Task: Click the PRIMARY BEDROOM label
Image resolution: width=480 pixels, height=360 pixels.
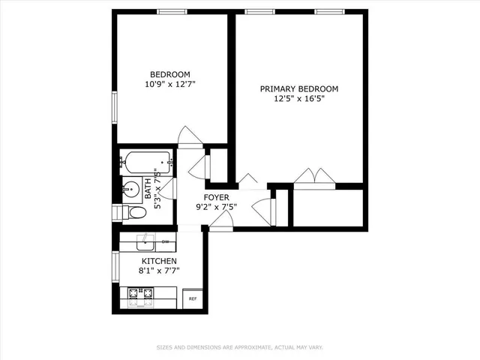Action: (298, 88)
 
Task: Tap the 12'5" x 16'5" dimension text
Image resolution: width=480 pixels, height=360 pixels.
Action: (298, 100)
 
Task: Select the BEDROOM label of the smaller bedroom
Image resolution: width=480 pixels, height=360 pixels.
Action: (169, 74)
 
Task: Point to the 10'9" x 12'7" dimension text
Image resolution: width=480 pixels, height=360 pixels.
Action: (169, 85)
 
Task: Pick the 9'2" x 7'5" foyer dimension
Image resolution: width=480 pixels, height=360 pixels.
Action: (215, 207)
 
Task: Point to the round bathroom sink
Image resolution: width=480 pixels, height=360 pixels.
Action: (131, 188)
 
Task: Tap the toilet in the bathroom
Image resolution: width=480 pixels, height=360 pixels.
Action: (136, 213)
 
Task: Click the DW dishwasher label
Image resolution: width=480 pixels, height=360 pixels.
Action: (165, 241)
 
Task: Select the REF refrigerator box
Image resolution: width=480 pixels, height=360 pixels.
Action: (193, 298)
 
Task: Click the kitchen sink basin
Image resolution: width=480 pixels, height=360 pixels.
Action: (145, 241)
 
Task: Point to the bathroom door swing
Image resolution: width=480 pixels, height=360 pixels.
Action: (168, 188)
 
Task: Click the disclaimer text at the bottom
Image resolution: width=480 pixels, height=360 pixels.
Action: (239, 347)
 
